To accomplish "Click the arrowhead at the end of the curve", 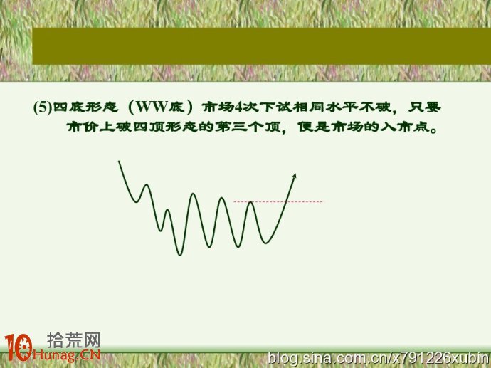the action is pyautogui.click(x=294, y=176).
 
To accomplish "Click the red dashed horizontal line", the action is pyautogui.click(x=279, y=201).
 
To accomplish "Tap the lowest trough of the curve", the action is pyautogui.click(x=180, y=255).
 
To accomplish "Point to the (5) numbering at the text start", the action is pyautogui.click(x=42, y=107).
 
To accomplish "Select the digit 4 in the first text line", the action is pyautogui.click(x=238, y=107).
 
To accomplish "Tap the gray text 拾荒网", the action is pyautogui.click(x=74, y=340).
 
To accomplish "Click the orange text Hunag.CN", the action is pyautogui.click(x=66, y=354).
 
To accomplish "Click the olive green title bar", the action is pyautogui.click(x=261, y=46).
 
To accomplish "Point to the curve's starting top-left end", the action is pyautogui.click(x=119, y=162).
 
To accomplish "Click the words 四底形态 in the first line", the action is pyautogui.click(x=85, y=107).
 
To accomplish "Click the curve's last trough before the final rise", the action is pyautogui.click(x=266, y=243).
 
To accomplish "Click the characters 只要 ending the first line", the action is pyautogui.click(x=425, y=107).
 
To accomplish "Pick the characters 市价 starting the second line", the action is pyautogui.click(x=83, y=127).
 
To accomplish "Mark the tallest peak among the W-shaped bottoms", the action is pyautogui.click(x=194, y=194).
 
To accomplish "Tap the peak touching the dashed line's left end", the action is pyautogui.click(x=250, y=202).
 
